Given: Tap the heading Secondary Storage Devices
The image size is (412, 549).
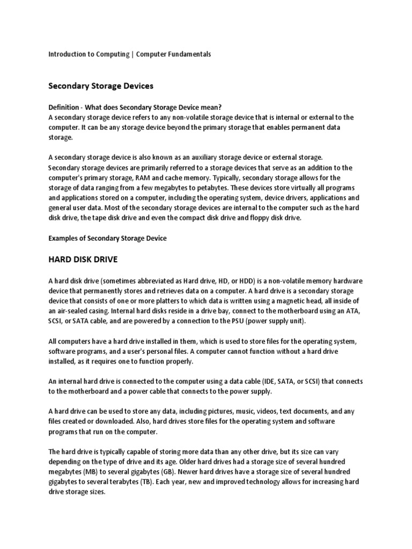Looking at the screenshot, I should point(101,86).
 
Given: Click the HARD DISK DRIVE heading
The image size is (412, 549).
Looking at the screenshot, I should point(83,259).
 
